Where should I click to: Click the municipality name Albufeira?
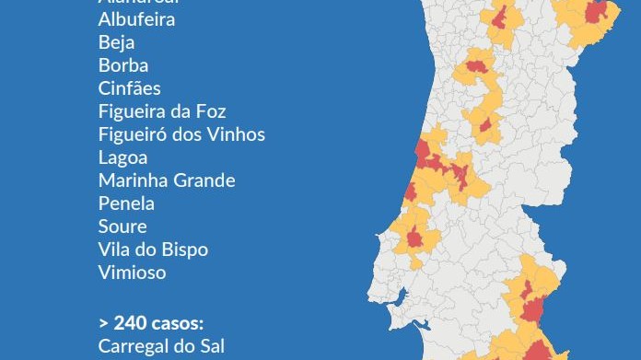136,19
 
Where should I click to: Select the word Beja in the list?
116,42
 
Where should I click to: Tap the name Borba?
122,65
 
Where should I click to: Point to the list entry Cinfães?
129,88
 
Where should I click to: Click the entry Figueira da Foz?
162,111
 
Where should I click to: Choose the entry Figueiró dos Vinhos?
181,134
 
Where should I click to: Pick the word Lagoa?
122,157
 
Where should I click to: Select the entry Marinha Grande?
167,180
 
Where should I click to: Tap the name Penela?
126,203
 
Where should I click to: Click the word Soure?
122,226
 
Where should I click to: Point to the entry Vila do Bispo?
153,250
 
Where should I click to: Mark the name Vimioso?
132,273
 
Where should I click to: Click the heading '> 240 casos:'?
151,323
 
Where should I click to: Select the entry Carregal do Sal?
160,346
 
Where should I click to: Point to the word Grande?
205,180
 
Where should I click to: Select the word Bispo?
184,250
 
